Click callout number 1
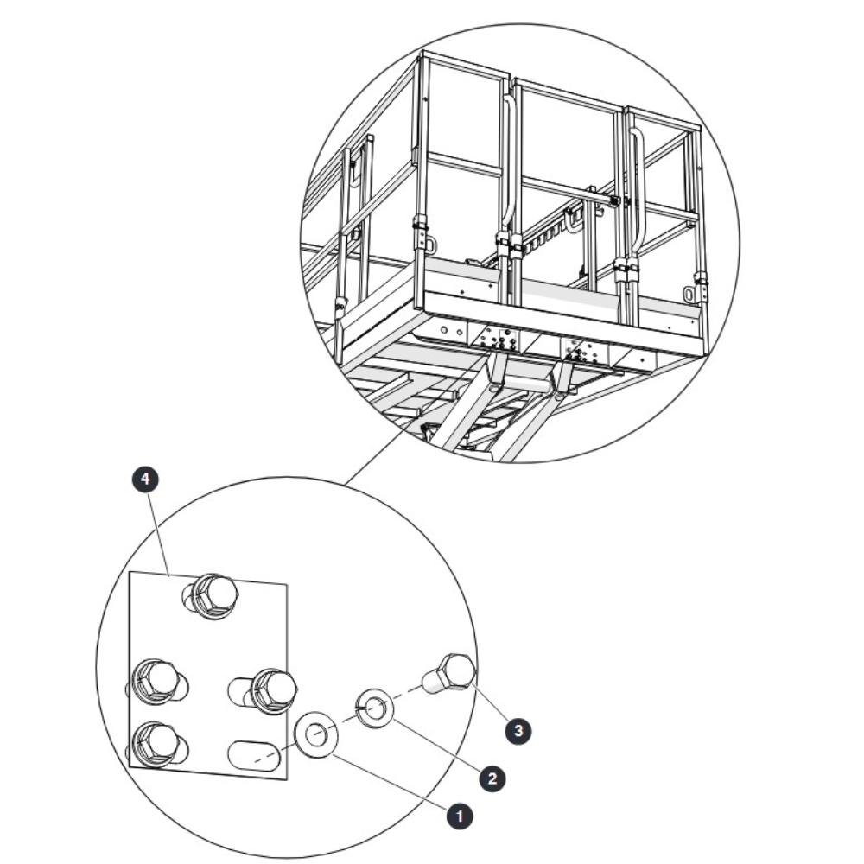(x=460, y=816)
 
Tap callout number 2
(x=492, y=778)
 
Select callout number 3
(x=518, y=731)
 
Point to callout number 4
(x=145, y=480)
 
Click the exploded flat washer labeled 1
(x=316, y=734)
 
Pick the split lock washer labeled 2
(x=373, y=708)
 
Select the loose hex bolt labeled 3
(x=449, y=673)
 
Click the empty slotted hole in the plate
(x=254, y=759)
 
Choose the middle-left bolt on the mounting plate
(x=157, y=683)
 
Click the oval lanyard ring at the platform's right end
(x=689, y=294)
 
